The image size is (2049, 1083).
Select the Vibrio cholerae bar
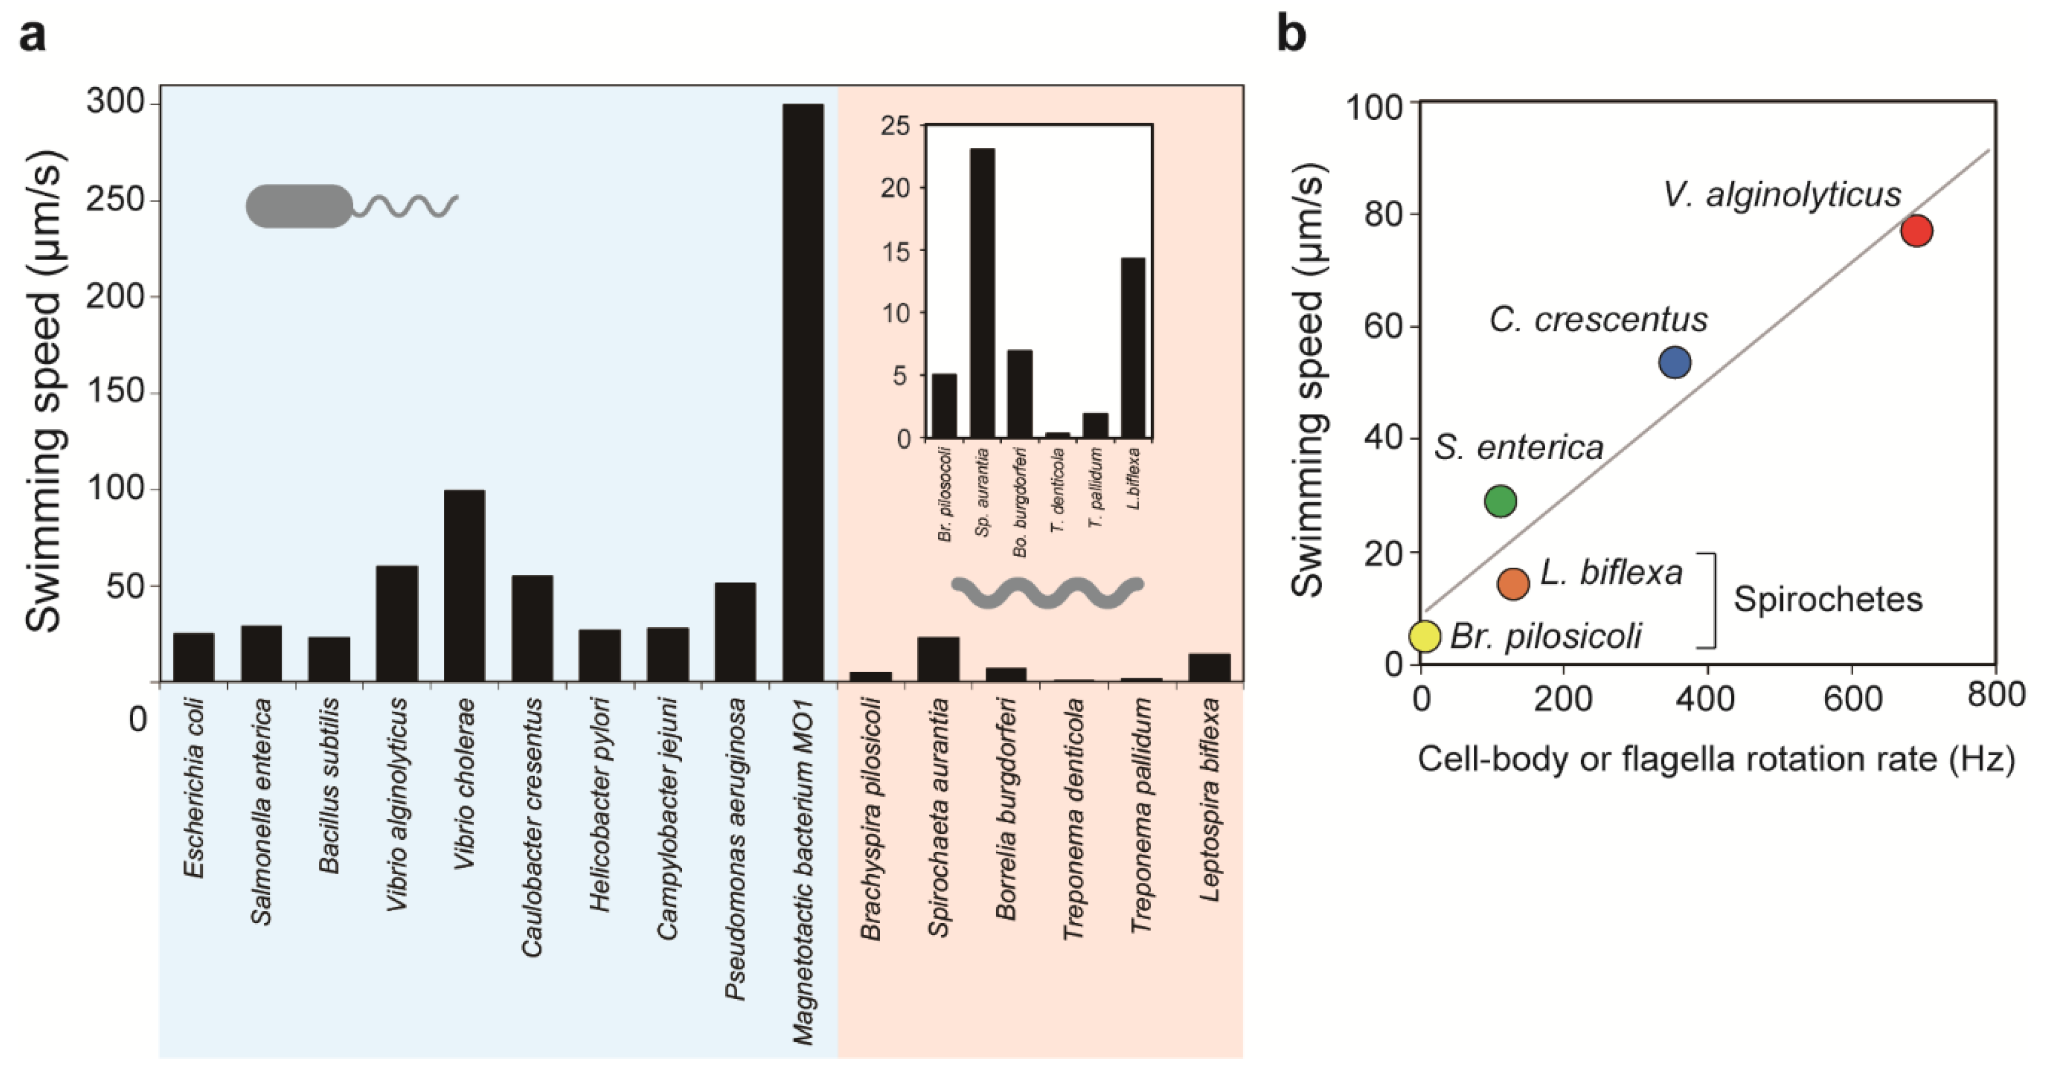[465, 586]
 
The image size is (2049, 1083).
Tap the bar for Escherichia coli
[194, 657]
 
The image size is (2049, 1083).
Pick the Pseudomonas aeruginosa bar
[735, 632]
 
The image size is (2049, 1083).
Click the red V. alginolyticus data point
[1917, 231]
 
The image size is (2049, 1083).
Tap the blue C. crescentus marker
[1675, 362]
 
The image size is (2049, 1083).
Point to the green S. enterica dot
[1500, 501]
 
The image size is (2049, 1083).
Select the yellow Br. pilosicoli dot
[1425, 636]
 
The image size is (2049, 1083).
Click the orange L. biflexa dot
[1513, 583]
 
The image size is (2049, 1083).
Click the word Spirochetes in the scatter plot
[1828, 599]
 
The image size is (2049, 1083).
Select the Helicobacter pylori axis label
[600, 804]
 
